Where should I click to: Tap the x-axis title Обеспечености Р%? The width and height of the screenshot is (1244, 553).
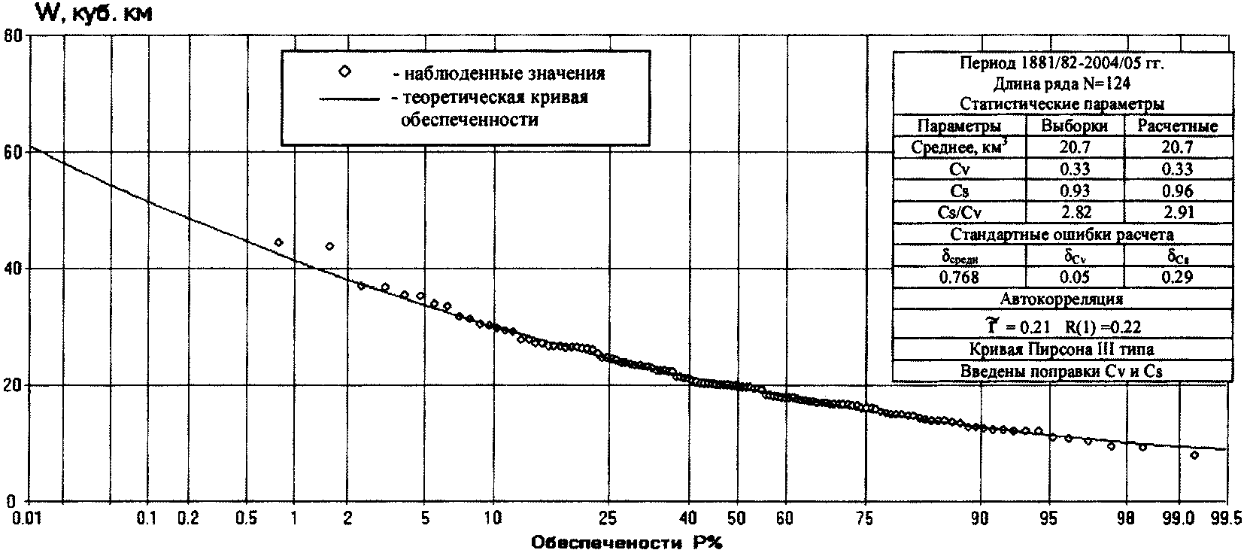pos(626,542)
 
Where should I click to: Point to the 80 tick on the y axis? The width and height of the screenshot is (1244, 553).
pos(15,35)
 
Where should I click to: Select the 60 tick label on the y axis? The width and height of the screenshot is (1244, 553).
pos(15,151)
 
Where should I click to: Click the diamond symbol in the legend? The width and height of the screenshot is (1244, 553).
pos(344,71)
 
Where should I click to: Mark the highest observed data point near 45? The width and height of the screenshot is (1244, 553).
pos(279,242)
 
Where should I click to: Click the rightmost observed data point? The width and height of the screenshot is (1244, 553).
pos(1194,455)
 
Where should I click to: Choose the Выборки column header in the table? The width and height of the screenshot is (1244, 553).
pos(1073,126)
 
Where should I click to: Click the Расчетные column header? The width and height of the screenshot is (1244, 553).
pos(1177,126)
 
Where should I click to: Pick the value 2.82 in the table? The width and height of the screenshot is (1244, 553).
pos(1073,212)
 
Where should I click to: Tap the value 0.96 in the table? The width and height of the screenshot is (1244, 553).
pos(1177,191)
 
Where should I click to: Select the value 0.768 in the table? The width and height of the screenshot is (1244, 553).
pos(960,277)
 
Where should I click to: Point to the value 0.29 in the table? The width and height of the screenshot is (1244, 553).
pos(1177,277)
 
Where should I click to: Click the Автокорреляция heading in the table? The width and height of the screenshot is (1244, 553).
pos(1061,299)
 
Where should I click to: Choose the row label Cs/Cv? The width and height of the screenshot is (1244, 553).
pos(960,212)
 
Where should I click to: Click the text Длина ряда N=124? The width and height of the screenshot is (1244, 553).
pos(1061,84)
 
